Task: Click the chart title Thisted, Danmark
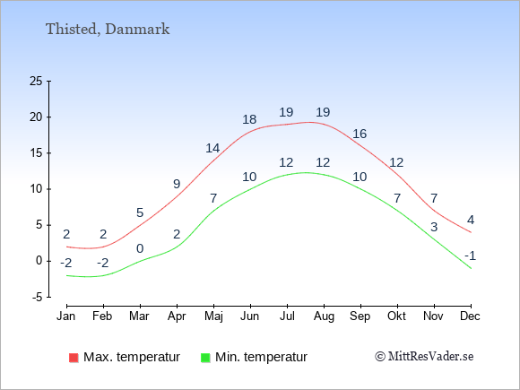point(108,30)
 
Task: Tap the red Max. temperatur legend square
point(74,358)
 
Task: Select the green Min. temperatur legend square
point(205,358)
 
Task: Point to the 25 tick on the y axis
point(36,81)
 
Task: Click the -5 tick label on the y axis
point(38,297)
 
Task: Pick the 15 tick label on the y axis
point(36,153)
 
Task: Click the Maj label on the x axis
point(213,316)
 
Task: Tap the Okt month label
point(396,316)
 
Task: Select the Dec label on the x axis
point(471,316)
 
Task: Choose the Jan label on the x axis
point(66,316)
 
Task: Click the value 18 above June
point(249,119)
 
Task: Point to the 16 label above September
point(360,134)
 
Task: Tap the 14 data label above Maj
point(212,148)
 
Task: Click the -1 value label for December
point(471,256)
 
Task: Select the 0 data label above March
point(140,248)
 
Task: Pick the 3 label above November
point(434,227)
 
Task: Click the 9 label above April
point(177,184)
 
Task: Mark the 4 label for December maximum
point(471,220)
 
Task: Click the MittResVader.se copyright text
point(424,357)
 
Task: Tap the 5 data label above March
point(140,212)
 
